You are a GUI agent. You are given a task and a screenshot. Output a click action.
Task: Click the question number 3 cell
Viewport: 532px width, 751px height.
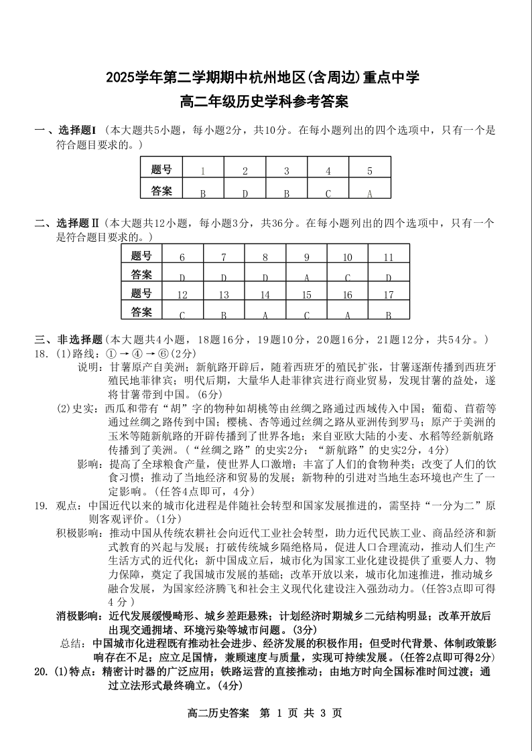(286, 171)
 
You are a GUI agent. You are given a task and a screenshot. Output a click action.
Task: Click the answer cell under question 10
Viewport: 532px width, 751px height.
(348, 276)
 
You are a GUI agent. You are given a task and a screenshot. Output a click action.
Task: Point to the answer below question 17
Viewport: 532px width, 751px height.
(388, 313)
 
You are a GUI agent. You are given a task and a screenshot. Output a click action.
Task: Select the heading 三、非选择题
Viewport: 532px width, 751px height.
(68, 339)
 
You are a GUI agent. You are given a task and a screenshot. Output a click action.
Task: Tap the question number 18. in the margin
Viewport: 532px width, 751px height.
(42, 353)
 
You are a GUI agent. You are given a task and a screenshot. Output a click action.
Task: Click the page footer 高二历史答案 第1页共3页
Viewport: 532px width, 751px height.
(266, 714)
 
